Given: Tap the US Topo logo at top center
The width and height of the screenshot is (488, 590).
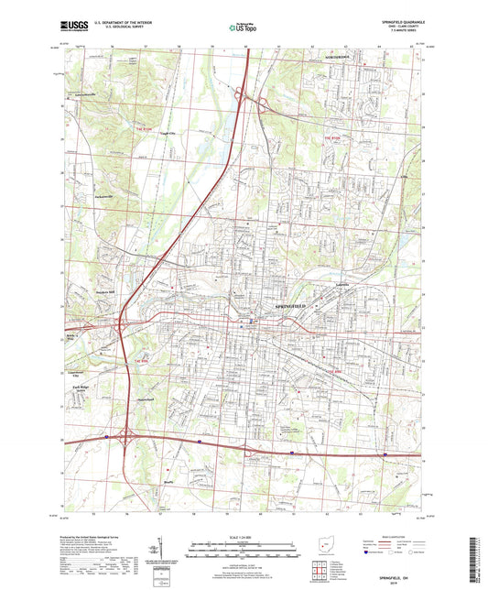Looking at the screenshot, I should [x=241, y=28].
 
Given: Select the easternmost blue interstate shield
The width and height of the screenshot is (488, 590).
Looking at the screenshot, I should [x=385, y=453].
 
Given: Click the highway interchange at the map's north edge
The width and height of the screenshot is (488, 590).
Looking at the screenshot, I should [x=253, y=99].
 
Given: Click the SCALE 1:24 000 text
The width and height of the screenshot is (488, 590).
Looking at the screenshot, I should [x=243, y=537].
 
